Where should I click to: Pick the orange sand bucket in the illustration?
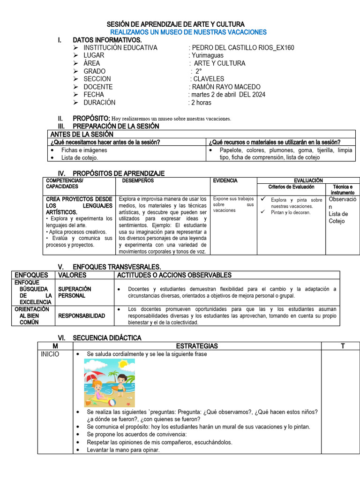point(88,402)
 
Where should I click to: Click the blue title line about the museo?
point(188,32)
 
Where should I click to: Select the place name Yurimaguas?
point(208,55)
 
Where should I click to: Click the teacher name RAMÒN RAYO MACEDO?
point(225,87)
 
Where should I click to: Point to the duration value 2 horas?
point(201,102)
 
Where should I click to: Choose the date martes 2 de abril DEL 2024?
point(227,95)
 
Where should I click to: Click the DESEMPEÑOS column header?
point(138,180)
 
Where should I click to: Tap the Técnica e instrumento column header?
point(342,190)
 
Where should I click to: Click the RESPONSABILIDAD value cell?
point(82,316)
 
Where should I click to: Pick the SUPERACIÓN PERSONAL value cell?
point(75,292)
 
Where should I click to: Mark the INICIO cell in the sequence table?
point(51,354)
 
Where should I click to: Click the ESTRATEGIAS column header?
point(197,346)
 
